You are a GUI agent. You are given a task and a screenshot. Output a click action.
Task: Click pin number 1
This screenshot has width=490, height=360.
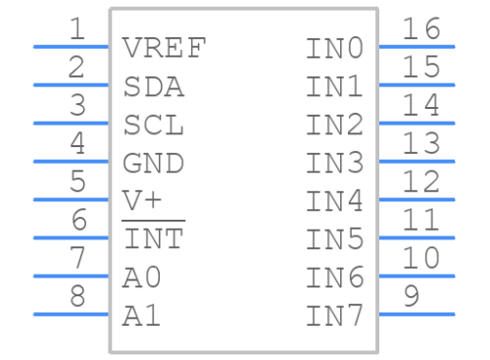pos(75,30)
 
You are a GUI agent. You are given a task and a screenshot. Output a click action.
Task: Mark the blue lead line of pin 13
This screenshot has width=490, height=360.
pos(416,161)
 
